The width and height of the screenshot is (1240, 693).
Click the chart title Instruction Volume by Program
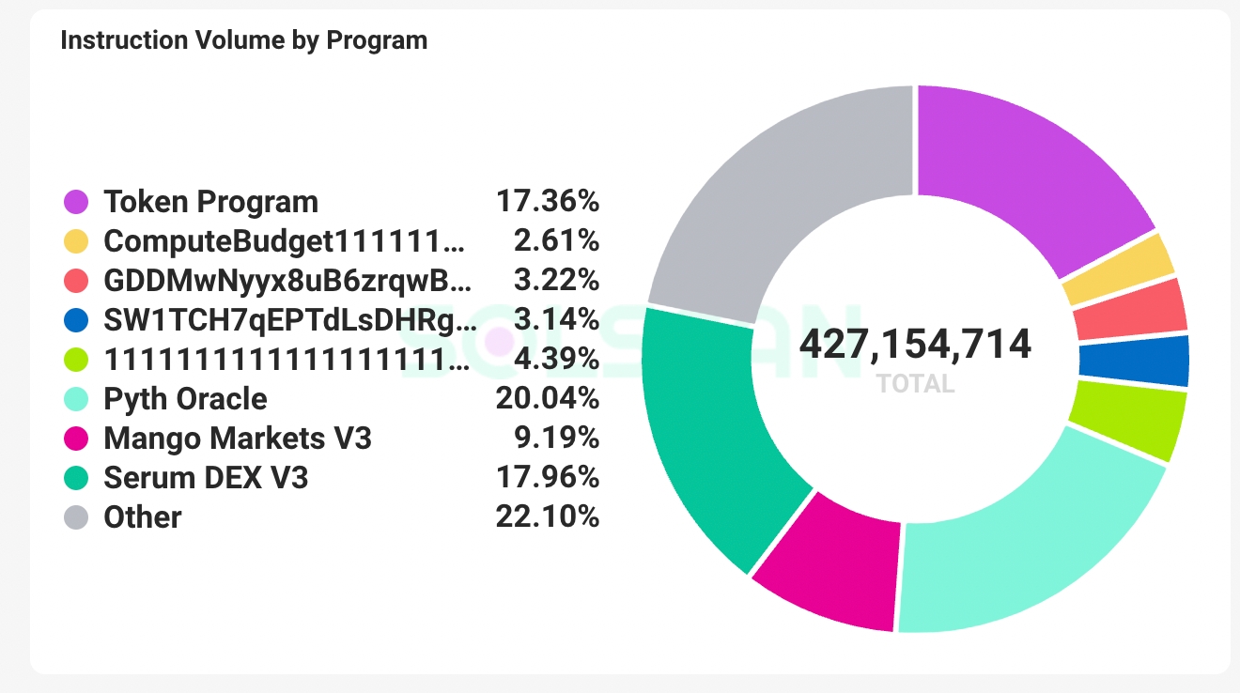(x=243, y=40)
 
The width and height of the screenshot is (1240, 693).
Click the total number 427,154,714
(x=915, y=345)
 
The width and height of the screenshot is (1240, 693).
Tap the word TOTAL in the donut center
(x=915, y=383)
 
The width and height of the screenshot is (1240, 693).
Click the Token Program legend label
(x=210, y=202)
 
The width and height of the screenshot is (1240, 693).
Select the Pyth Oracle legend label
(x=185, y=399)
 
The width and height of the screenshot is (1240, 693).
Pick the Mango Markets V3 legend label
(x=238, y=439)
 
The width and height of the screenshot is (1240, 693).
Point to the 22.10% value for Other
(x=547, y=517)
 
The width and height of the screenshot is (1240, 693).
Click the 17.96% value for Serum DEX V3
(x=547, y=478)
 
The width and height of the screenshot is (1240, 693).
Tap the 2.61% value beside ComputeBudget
(x=556, y=241)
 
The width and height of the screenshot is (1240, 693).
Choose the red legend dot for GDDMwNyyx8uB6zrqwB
(x=76, y=281)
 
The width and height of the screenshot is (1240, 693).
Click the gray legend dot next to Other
(x=76, y=517)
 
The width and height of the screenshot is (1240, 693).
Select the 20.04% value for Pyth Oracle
(x=547, y=399)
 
